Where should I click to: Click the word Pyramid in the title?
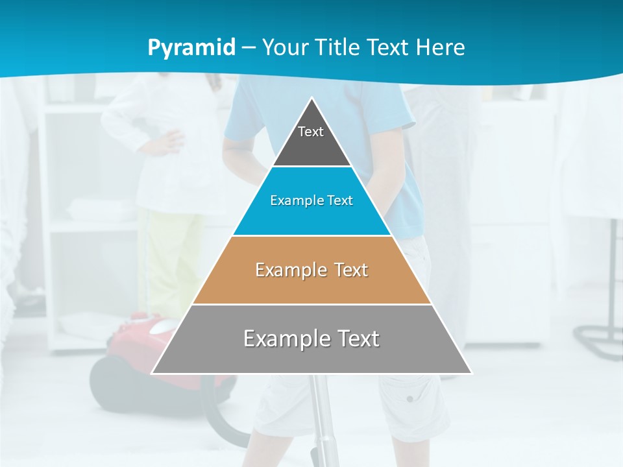point(191,48)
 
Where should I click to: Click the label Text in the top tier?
point(311,132)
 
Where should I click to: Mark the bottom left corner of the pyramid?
point(153,373)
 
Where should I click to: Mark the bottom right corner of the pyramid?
point(471,373)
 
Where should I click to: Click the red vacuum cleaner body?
point(130,350)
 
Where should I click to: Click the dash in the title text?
point(249,48)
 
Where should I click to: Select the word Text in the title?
point(389,47)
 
